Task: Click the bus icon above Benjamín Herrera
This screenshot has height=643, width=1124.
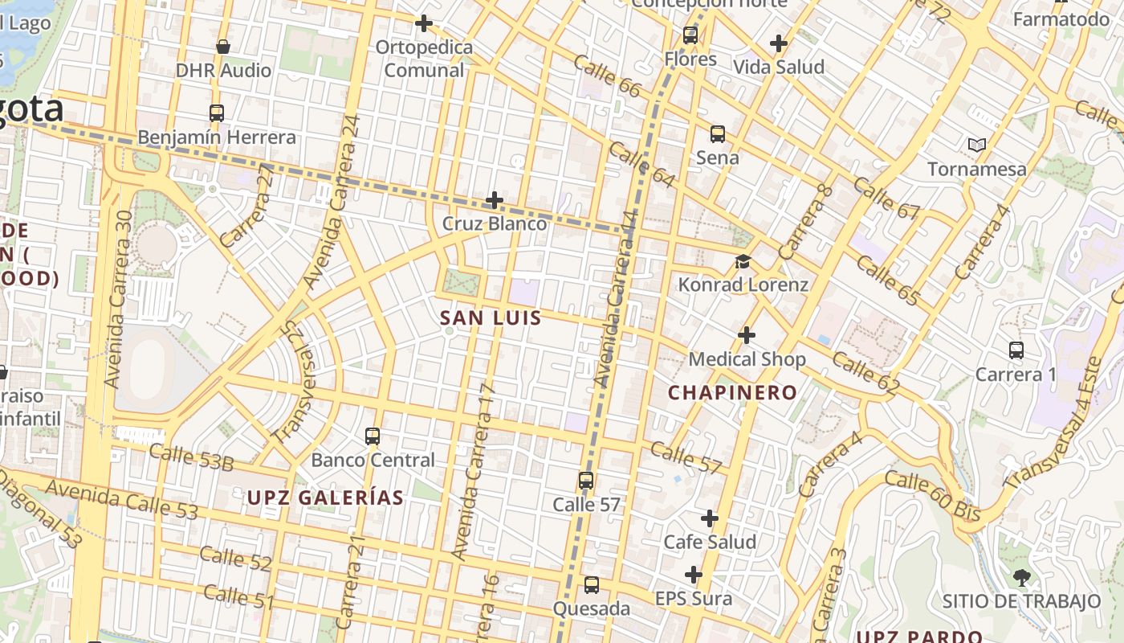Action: [x=216, y=113]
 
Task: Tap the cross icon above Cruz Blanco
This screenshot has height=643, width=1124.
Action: [x=495, y=200]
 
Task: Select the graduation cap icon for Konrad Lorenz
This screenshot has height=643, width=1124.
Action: [x=743, y=262]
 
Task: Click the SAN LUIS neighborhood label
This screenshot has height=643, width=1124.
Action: [x=491, y=318]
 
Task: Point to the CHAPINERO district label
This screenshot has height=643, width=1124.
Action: [x=733, y=393]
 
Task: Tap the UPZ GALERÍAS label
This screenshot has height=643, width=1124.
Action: [x=325, y=498]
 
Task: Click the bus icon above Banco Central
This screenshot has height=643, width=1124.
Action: [x=373, y=436]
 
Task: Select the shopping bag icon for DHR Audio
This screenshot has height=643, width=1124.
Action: [x=223, y=47]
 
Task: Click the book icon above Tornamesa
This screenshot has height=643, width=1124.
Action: [x=976, y=145]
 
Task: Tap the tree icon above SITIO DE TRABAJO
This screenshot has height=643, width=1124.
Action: [x=1021, y=576]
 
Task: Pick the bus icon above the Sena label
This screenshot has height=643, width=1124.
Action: [x=717, y=134]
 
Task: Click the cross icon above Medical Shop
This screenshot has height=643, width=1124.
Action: [x=747, y=335]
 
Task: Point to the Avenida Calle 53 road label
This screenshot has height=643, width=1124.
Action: [x=120, y=498]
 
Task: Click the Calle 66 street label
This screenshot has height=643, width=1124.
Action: [x=608, y=77]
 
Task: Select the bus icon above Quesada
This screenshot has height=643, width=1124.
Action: [x=592, y=585]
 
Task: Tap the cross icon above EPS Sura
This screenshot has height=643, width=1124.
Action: [x=694, y=575]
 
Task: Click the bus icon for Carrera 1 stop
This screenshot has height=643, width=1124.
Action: [x=1016, y=350]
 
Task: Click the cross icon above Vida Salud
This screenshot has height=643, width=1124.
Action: [x=778, y=43]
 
